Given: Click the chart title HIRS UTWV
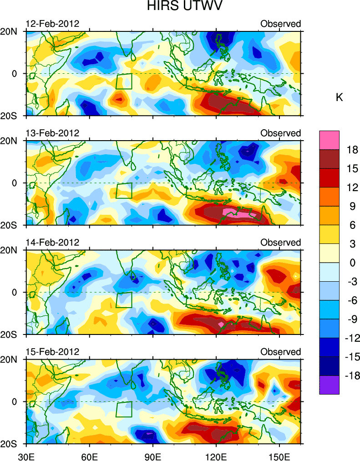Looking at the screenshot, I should [x=179, y=7].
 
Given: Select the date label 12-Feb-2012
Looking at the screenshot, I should [x=52, y=24].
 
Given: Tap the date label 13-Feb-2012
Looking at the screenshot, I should [x=52, y=133].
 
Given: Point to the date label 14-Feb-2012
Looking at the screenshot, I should [x=52, y=242].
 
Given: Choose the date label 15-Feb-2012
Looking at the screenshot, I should [x=52, y=352].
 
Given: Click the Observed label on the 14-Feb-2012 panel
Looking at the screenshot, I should [x=280, y=242].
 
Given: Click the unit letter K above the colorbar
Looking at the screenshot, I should [x=339, y=97].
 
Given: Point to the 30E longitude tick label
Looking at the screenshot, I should [x=26, y=454].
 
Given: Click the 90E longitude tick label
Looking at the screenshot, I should [x=153, y=454].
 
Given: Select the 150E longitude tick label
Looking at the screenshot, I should [x=279, y=454].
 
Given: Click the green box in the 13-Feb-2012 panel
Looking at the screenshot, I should [x=124, y=190].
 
